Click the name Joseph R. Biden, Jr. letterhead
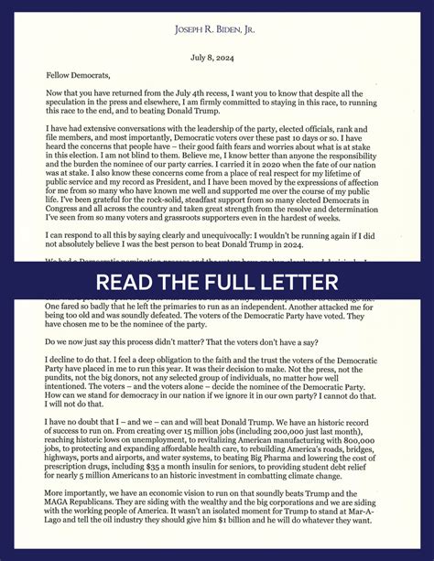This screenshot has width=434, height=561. coord(217,30)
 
